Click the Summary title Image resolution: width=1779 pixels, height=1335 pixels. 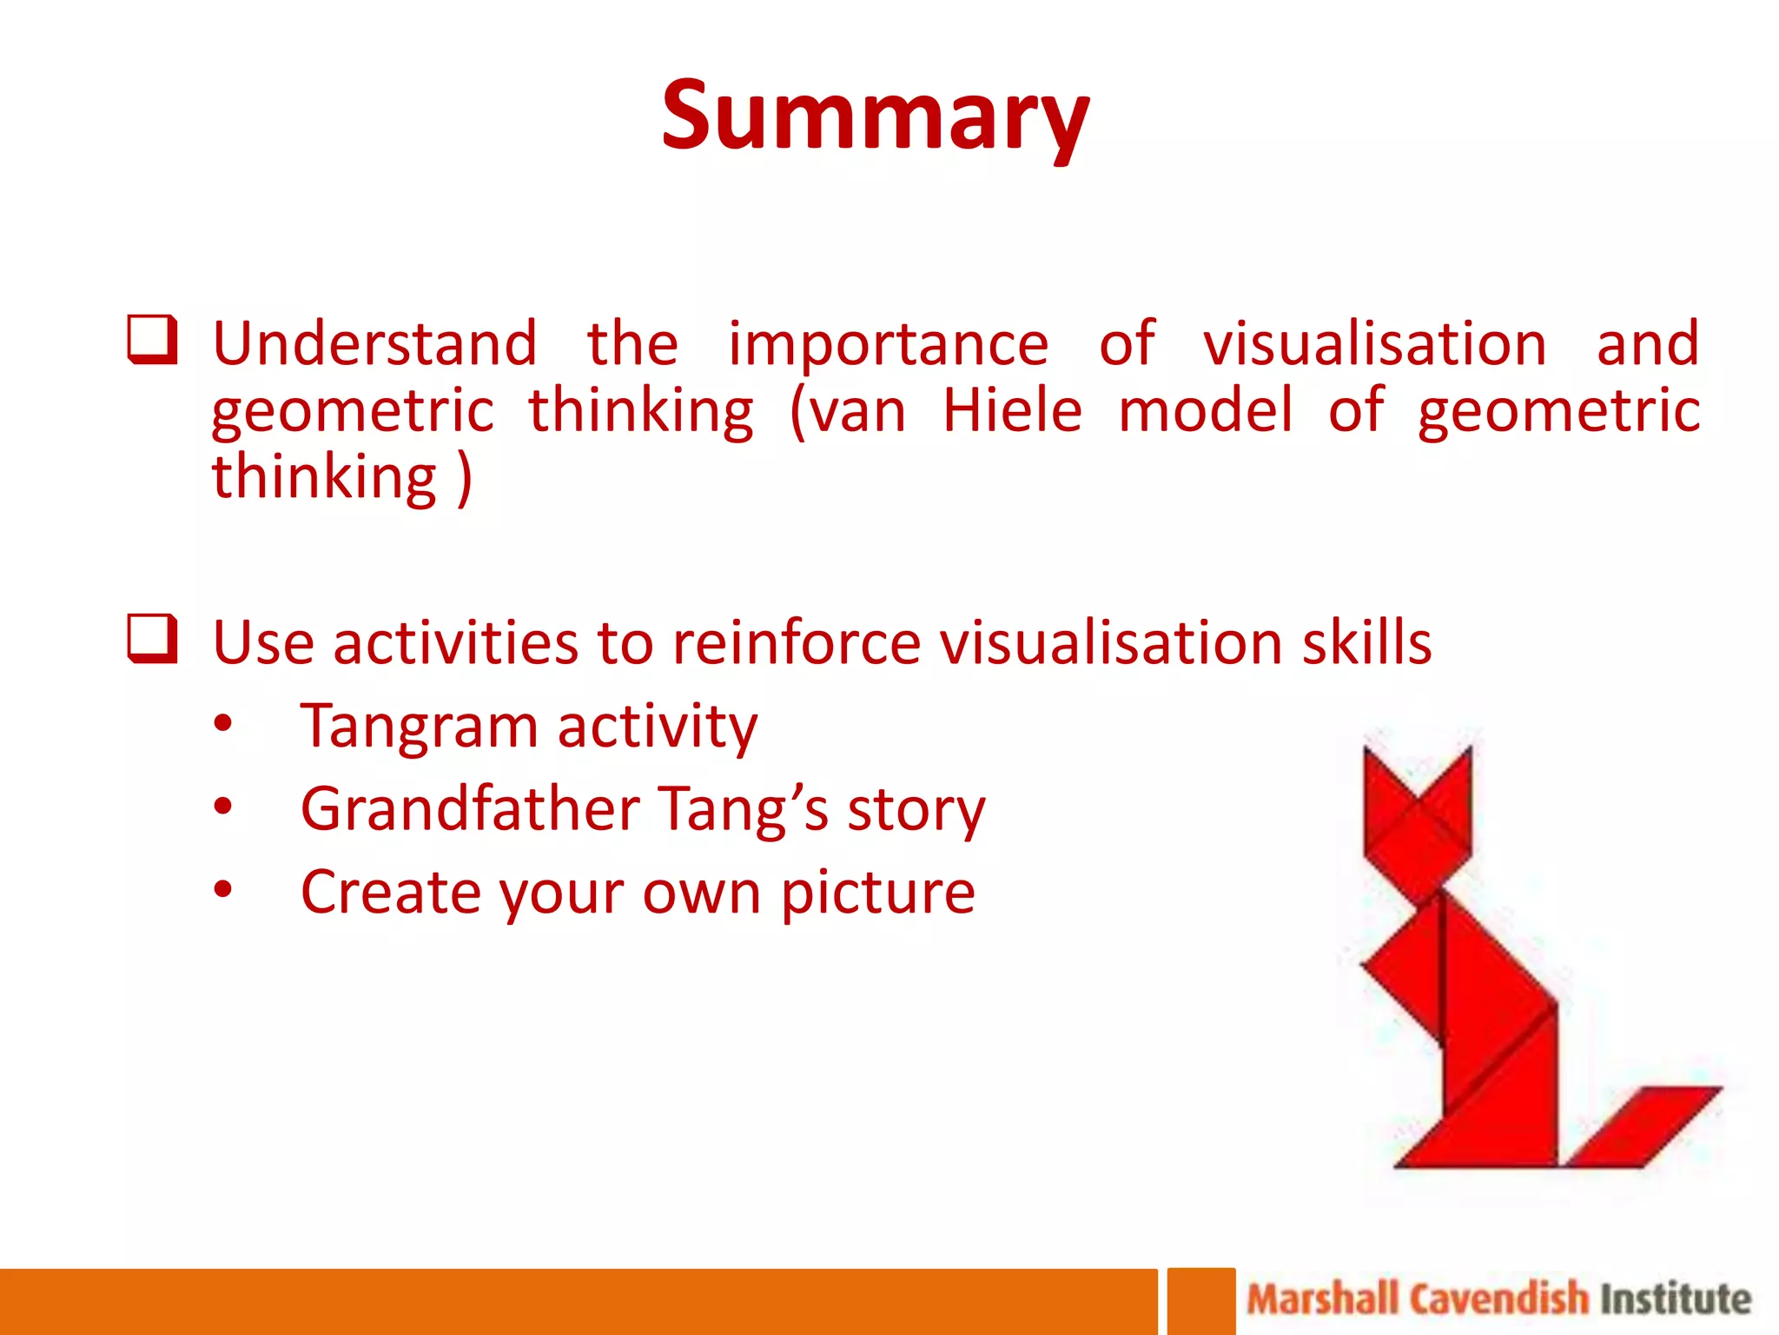(875, 116)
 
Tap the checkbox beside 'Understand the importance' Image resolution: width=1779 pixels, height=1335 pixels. (153, 340)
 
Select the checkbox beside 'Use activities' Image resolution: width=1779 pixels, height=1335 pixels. (153, 639)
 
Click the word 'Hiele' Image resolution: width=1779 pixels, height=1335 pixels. (1012, 410)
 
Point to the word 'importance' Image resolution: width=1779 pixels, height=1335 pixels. (888, 344)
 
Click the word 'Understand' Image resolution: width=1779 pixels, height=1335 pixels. (374, 344)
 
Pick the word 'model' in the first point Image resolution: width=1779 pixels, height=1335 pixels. (1206, 410)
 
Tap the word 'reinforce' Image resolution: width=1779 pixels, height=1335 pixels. (796, 643)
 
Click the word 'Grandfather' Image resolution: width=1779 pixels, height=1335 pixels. (470, 809)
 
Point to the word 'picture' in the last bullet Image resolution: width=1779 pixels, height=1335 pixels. (877, 893)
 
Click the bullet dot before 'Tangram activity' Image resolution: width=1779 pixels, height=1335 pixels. (223, 723)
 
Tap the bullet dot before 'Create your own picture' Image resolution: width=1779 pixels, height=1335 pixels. (223, 889)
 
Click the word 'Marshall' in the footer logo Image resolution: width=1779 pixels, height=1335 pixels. (1322, 1299)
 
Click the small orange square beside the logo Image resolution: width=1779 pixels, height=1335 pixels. (1200, 1301)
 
